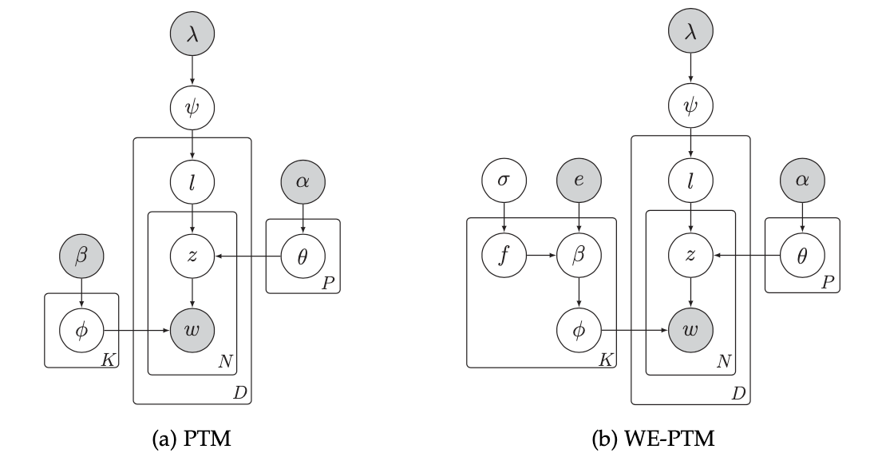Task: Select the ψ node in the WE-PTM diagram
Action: point(691,105)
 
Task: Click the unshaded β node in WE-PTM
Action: point(579,256)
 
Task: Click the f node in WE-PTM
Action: point(504,256)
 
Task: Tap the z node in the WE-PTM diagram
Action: point(691,256)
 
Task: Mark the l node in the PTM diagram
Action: point(192,181)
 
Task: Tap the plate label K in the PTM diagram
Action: point(108,360)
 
